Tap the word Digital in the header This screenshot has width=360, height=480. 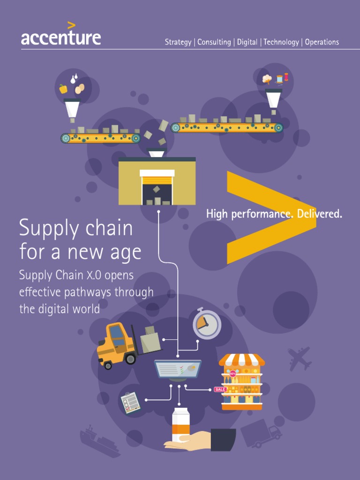[x=247, y=42]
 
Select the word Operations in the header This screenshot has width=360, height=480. [x=322, y=42]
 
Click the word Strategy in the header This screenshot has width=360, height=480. [x=178, y=42]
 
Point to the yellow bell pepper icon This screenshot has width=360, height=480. [x=63, y=89]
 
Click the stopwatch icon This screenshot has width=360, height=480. [x=207, y=323]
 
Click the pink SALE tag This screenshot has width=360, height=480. [x=220, y=389]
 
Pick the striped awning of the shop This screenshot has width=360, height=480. [x=241, y=360]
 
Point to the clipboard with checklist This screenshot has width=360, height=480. [x=130, y=403]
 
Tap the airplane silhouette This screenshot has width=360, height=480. [x=300, y=359]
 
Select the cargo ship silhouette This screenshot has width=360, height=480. [x=99, y=442]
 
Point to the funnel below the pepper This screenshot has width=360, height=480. [x=72, y=108]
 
